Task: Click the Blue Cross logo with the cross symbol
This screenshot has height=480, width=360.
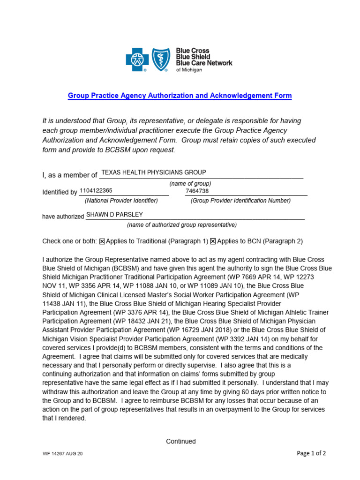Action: click(x=137, y=60)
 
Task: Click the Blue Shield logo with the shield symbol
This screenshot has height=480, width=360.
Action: click(x=162, y=60)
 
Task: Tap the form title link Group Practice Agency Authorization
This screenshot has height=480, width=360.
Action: click(x=180, y=96)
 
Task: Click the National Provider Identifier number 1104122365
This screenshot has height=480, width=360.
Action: click(x=96, y=191)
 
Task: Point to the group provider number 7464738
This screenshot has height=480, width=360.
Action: click(x=197, y=191)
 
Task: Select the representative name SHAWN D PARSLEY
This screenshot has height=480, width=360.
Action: click(x=114, y=215)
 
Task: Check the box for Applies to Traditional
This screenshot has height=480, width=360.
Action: click(x=102, y=241)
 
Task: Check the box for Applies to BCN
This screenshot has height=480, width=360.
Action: click(x=213, y=241)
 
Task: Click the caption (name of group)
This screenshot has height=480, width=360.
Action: click(x=190, y=183)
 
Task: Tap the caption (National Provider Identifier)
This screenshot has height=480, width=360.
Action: click(x=121, y=201)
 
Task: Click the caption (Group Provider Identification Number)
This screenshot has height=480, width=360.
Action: click(x=240, y=201)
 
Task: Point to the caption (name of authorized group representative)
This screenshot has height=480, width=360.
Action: click(x=182, y=225)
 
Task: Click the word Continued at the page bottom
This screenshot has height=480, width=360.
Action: click(x=181, y=441)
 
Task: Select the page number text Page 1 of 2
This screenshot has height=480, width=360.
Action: click(x=311, y=453)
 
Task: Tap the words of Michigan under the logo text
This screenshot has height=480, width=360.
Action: click(x=189, y=70)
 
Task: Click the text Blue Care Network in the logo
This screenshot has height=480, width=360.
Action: click(x=204, y=63)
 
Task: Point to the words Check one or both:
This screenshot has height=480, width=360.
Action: click(x=69, y=241)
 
